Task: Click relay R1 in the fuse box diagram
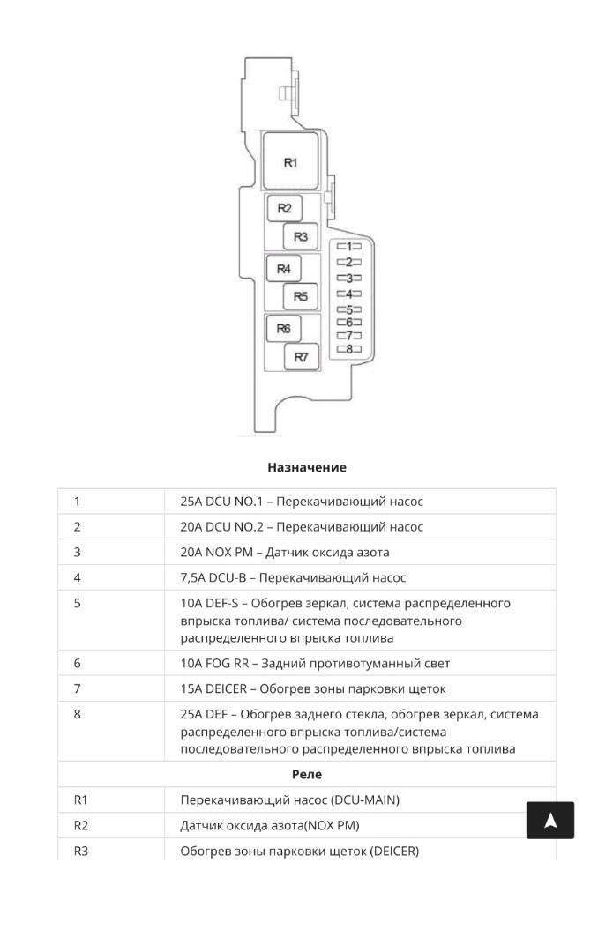(x=290, y=161)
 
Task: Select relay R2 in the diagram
(x=284, y=208)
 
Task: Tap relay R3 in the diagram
(x=300, y=236)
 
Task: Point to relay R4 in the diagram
(x=283, y=268)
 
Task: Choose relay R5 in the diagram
(x=300, y=296)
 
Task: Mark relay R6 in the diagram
(x=284, y=329)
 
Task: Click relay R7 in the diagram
(x=301, y=357)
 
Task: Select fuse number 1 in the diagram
(x=348, y=247)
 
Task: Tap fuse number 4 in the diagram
(x=348, y=294)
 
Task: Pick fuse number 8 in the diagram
(x=348, y=349)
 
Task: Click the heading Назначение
(x=307, y=467)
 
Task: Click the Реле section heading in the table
(x=307, y=774)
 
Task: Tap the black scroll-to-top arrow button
(x=549, y=821)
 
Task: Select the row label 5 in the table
(x=77, y=603)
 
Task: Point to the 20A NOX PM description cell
(x=284, y=553)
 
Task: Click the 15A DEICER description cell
(x=313, y=688)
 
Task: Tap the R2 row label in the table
(x=81, y=825)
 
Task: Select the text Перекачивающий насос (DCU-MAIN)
(x=290, y=800)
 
